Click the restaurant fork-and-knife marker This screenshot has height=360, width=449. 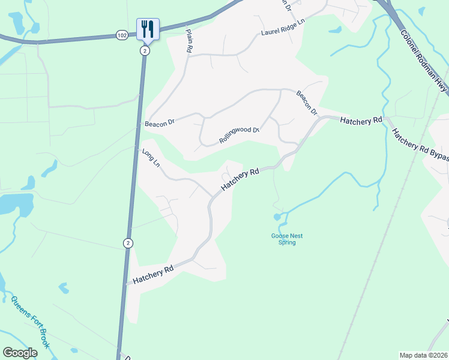coord(148,29)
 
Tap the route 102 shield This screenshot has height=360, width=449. coord(122,35)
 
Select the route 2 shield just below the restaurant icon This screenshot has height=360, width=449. coord(145,51)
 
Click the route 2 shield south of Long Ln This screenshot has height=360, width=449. coord(127,243)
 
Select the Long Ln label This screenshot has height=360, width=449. coord(151,158)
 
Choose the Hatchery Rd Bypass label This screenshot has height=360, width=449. coord(420,145)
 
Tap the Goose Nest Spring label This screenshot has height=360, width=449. coord(283,239)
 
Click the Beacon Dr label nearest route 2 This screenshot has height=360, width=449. coord(159,124)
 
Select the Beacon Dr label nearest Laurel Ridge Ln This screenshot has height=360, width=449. coord(306,102)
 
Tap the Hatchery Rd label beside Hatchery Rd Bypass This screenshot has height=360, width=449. coord(361,121)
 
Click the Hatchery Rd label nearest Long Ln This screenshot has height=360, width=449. coord(240,179)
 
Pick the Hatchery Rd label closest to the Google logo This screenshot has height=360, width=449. coord(153,274)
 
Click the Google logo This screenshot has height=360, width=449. coord(20,353)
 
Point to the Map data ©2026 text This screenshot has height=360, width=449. coord(423,355)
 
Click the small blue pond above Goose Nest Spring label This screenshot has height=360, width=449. coord(277,216)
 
